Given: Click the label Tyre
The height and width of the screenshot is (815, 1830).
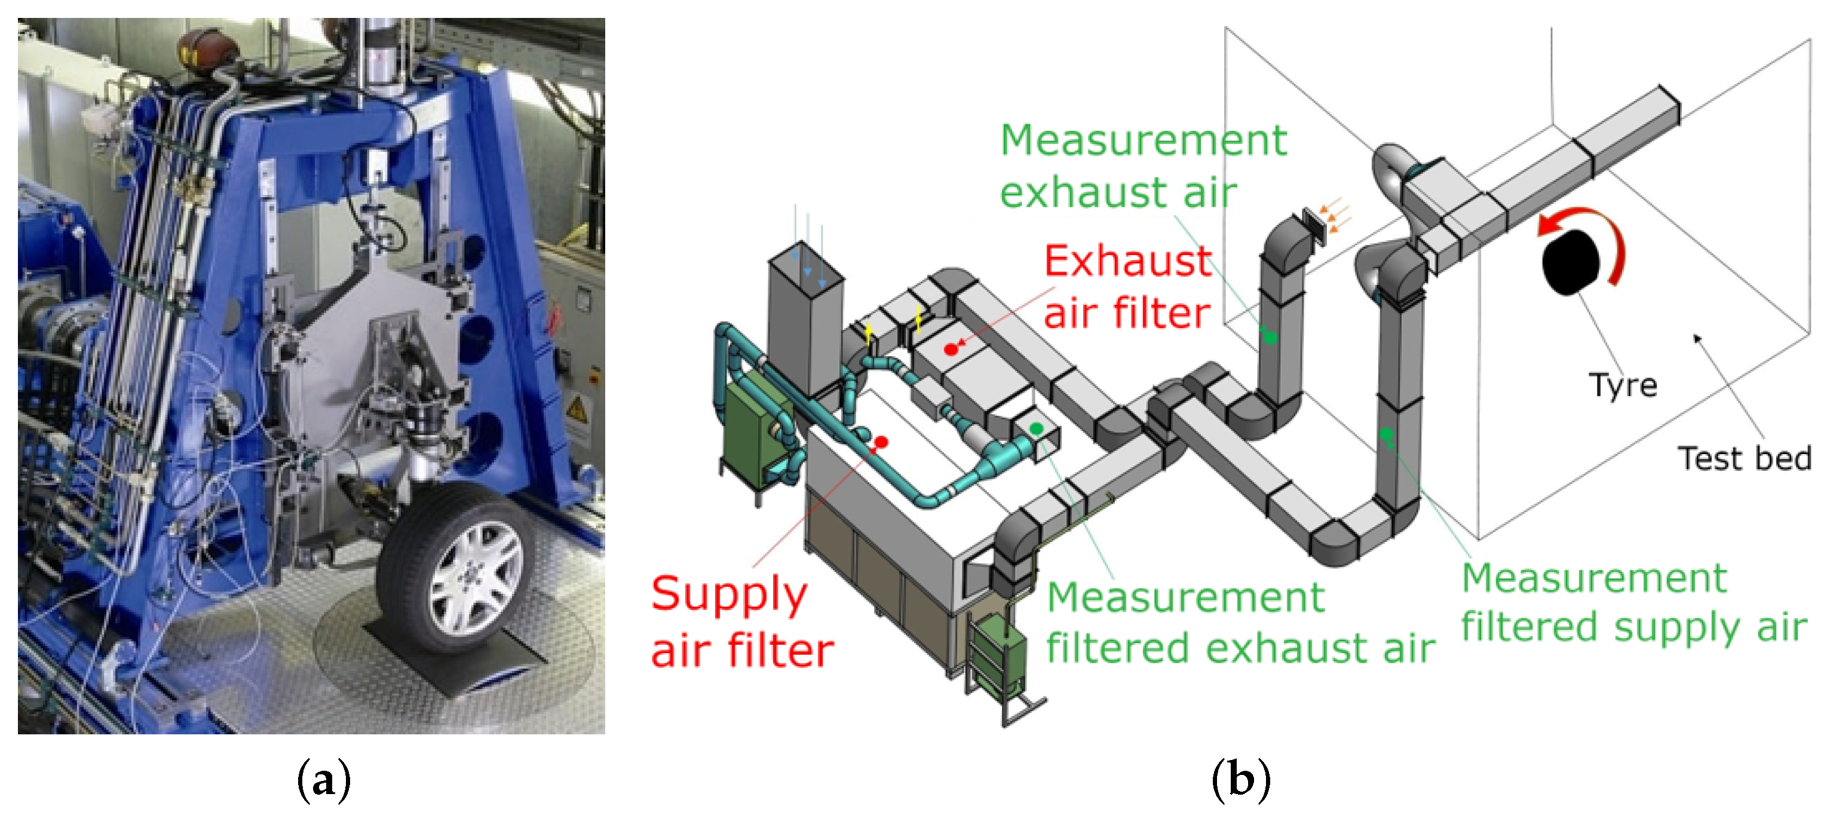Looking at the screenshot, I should click(1623, 386).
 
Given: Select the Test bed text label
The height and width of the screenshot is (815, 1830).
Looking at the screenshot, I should click(1744, 458).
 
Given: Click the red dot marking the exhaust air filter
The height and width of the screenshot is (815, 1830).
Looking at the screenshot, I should click(951, 349).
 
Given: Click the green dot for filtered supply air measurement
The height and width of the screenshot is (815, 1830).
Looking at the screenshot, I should click(1386, 433).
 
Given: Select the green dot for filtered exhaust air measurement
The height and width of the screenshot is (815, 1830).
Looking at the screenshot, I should click(1037, 428).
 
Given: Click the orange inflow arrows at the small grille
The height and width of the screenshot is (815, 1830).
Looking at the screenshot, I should click(1335, 215).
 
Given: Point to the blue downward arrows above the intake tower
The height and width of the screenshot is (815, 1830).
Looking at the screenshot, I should click(808, 245).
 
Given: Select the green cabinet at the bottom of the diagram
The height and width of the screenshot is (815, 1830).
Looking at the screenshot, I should click(998, 654).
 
